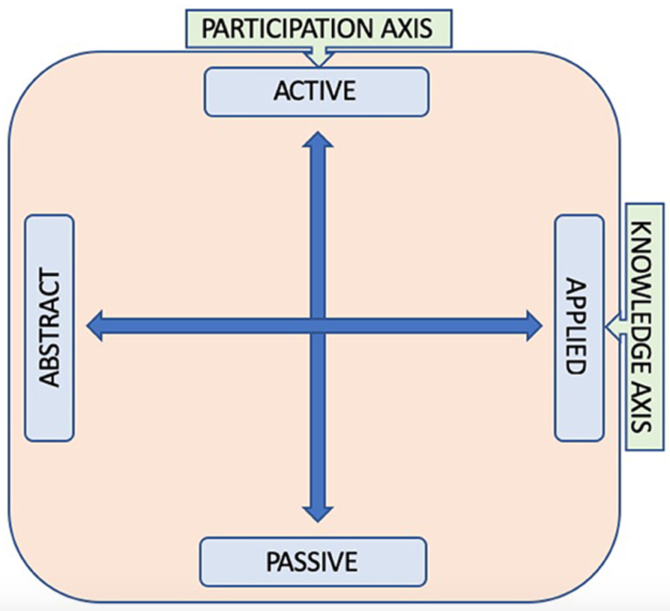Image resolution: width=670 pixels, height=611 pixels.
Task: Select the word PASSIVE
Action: pyautogui.click(x=311, y=562)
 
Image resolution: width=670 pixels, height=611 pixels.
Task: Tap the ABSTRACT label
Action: pyautogui.click(x=50, y=328)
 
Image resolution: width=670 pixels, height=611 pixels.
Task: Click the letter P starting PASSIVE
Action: pyautogui.click(x=273, y=562)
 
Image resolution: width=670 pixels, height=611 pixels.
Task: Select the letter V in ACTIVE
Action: pyautogui.click(x=338, y=91)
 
